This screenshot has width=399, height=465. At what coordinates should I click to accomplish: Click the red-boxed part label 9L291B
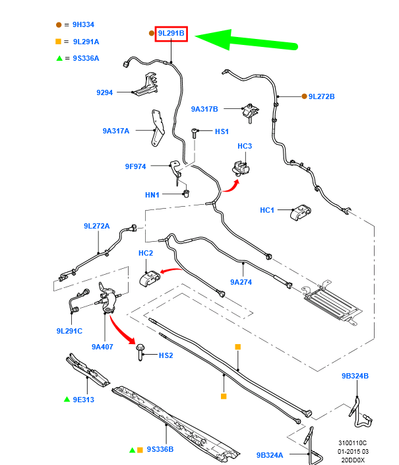click(x=171, y=33)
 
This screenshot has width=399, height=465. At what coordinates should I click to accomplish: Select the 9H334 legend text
click(x=84, y=24)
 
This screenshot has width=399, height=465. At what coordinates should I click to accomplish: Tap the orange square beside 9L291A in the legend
click(x=59, y=42)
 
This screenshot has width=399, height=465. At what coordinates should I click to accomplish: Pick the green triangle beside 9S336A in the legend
click(x=59, y=58)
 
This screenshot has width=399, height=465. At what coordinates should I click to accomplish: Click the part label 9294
click(x=104, y=92)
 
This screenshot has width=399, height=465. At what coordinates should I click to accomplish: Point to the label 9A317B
click(x=204, y=109)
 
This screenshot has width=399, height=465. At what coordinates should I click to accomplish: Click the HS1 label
click(x=222, y=131)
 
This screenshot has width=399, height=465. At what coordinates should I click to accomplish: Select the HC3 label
click(x=245, y=146)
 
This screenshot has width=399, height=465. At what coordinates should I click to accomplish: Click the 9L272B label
click(x=322, y=96)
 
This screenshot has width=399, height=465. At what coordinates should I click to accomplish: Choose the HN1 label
click(x=152, y=195)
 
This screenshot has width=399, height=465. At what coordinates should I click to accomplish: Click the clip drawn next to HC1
click(x=301, y=213)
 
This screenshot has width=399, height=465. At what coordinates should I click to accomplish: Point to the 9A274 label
click(x=241, y=282)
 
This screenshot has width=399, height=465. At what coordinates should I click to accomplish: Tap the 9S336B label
click(x=160, y=449)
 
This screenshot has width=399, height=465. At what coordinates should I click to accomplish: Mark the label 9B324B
click(x=355, y=376)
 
